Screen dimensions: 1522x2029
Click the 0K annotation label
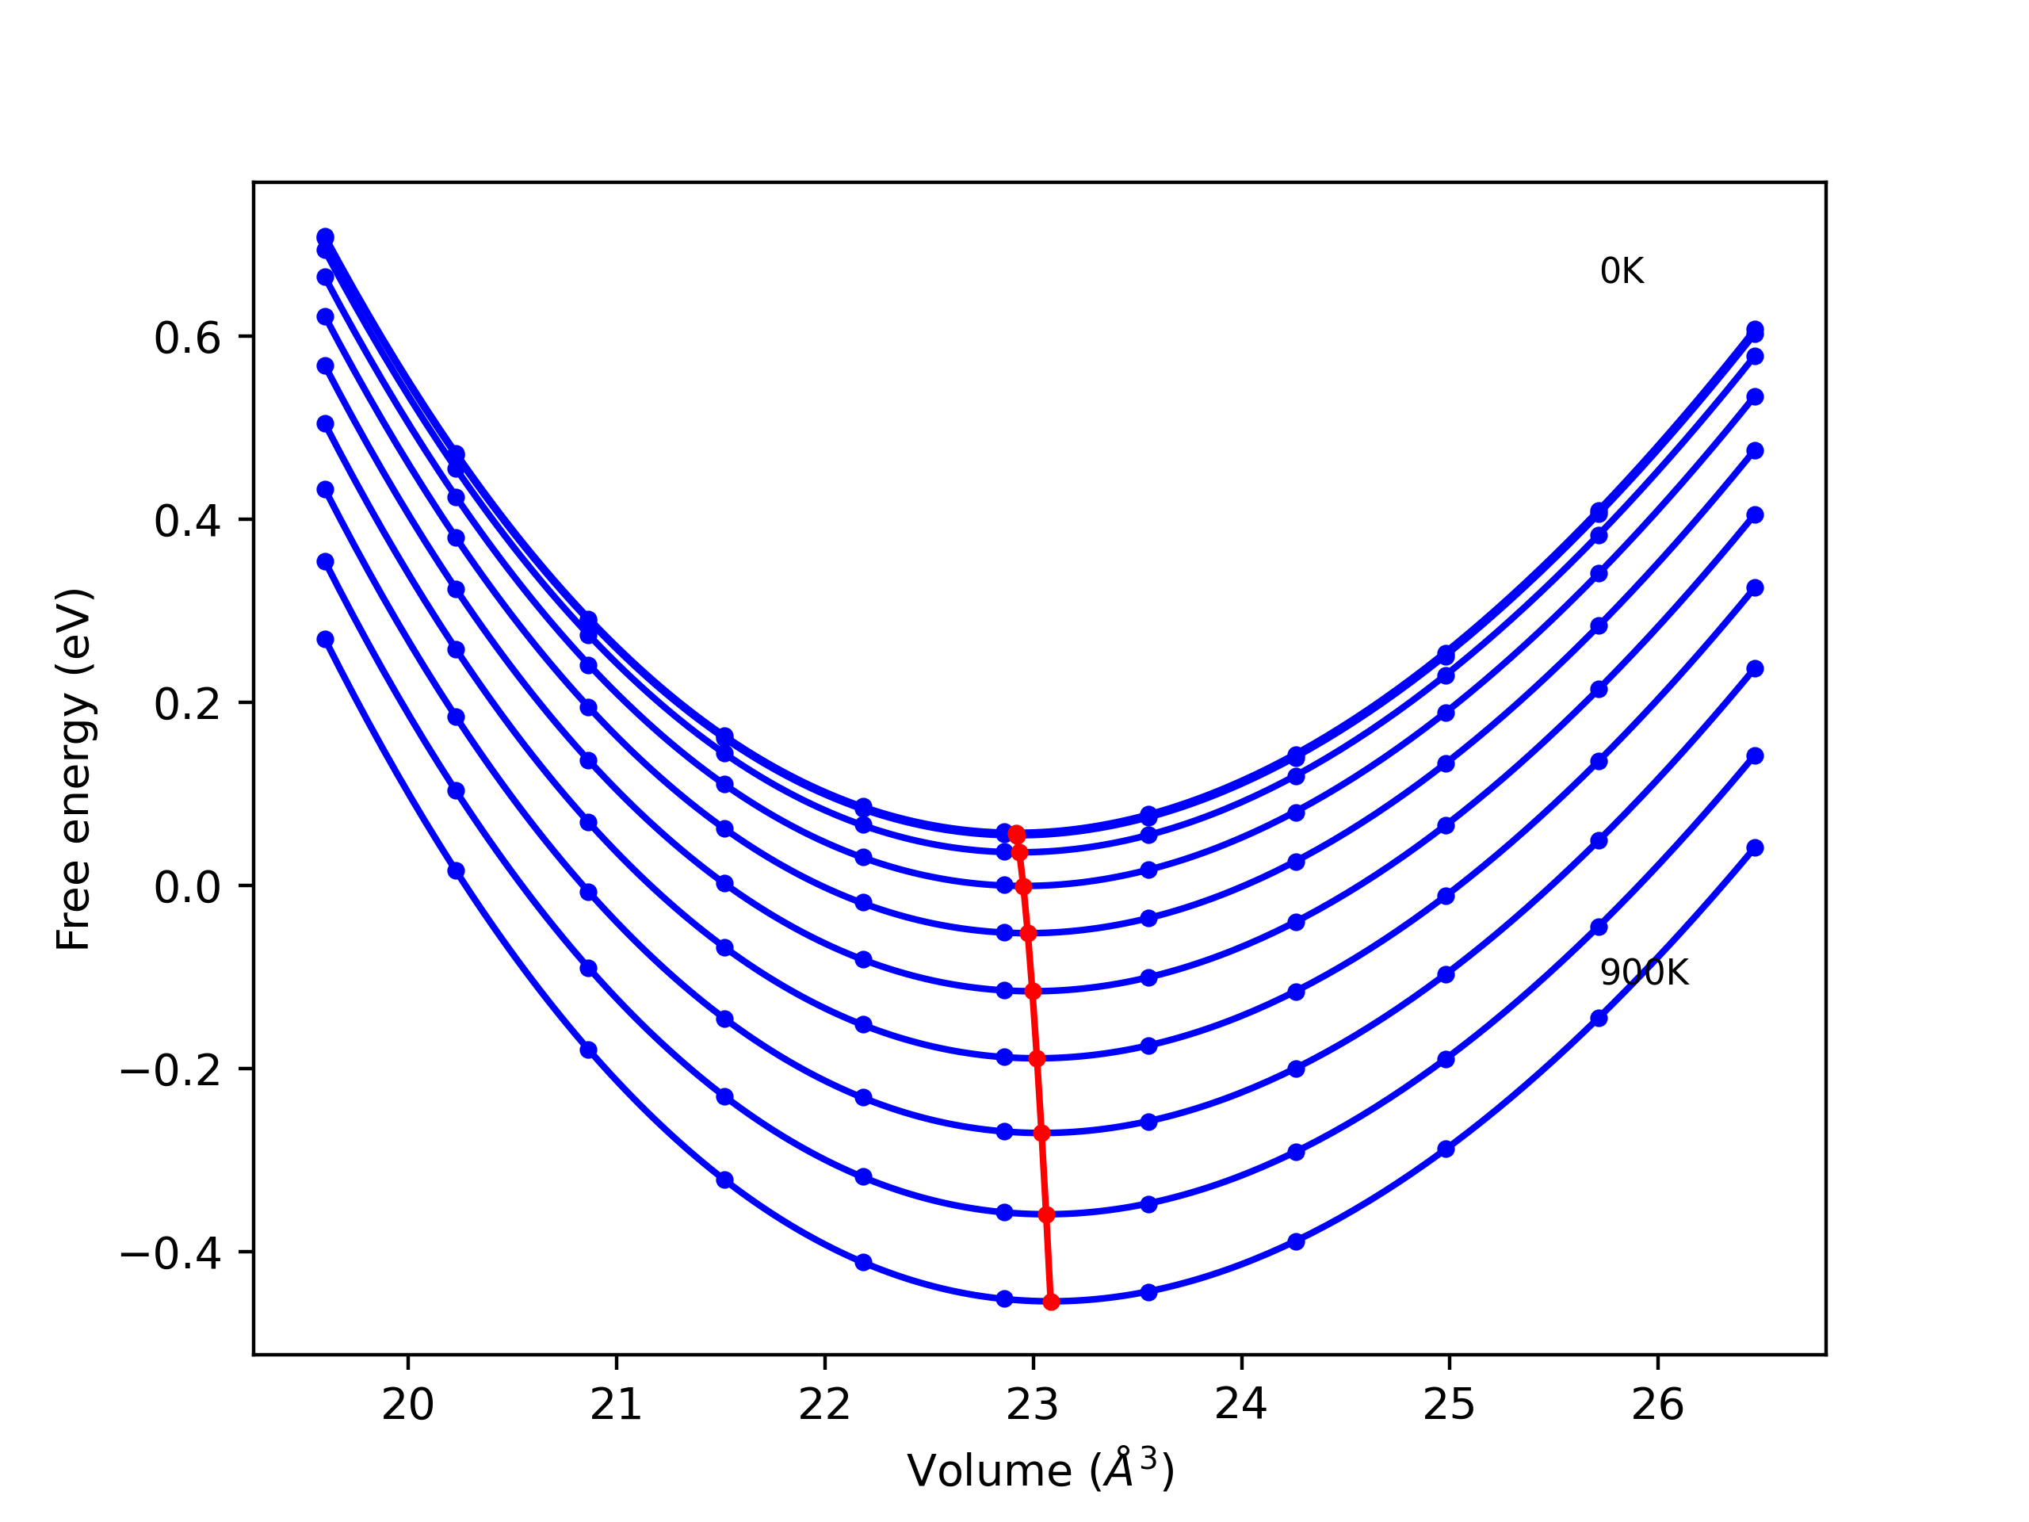pyautogui.click(x=1622, y=272)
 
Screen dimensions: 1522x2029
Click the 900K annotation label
pyautogui.click(x=1644, y=973)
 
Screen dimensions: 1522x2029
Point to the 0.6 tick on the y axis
pyautogui.click(x=187, y=338)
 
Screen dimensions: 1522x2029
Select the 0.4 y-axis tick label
pyautogui.click(x=187, y=522)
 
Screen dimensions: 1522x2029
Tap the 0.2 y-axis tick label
pyautogui.click(x=187, y=705)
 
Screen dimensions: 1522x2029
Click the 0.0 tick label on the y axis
pyautogui.click(x=187, y=887)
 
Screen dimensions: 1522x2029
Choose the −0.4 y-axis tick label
pyautogui.click(x=170, y=1254)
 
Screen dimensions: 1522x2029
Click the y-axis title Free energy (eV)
pyautogui.click(x=74, y=769)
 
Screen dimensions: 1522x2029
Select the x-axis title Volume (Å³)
pyautogui.click(x=1040, y=1470)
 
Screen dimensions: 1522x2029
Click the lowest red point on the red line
pyautogui.click(x=1051, y=1302)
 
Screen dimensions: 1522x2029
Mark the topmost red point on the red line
pyautogui.click(x=1016, y=834)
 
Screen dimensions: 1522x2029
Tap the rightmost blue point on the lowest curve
pyautogui.click(x=1755, y=847)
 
